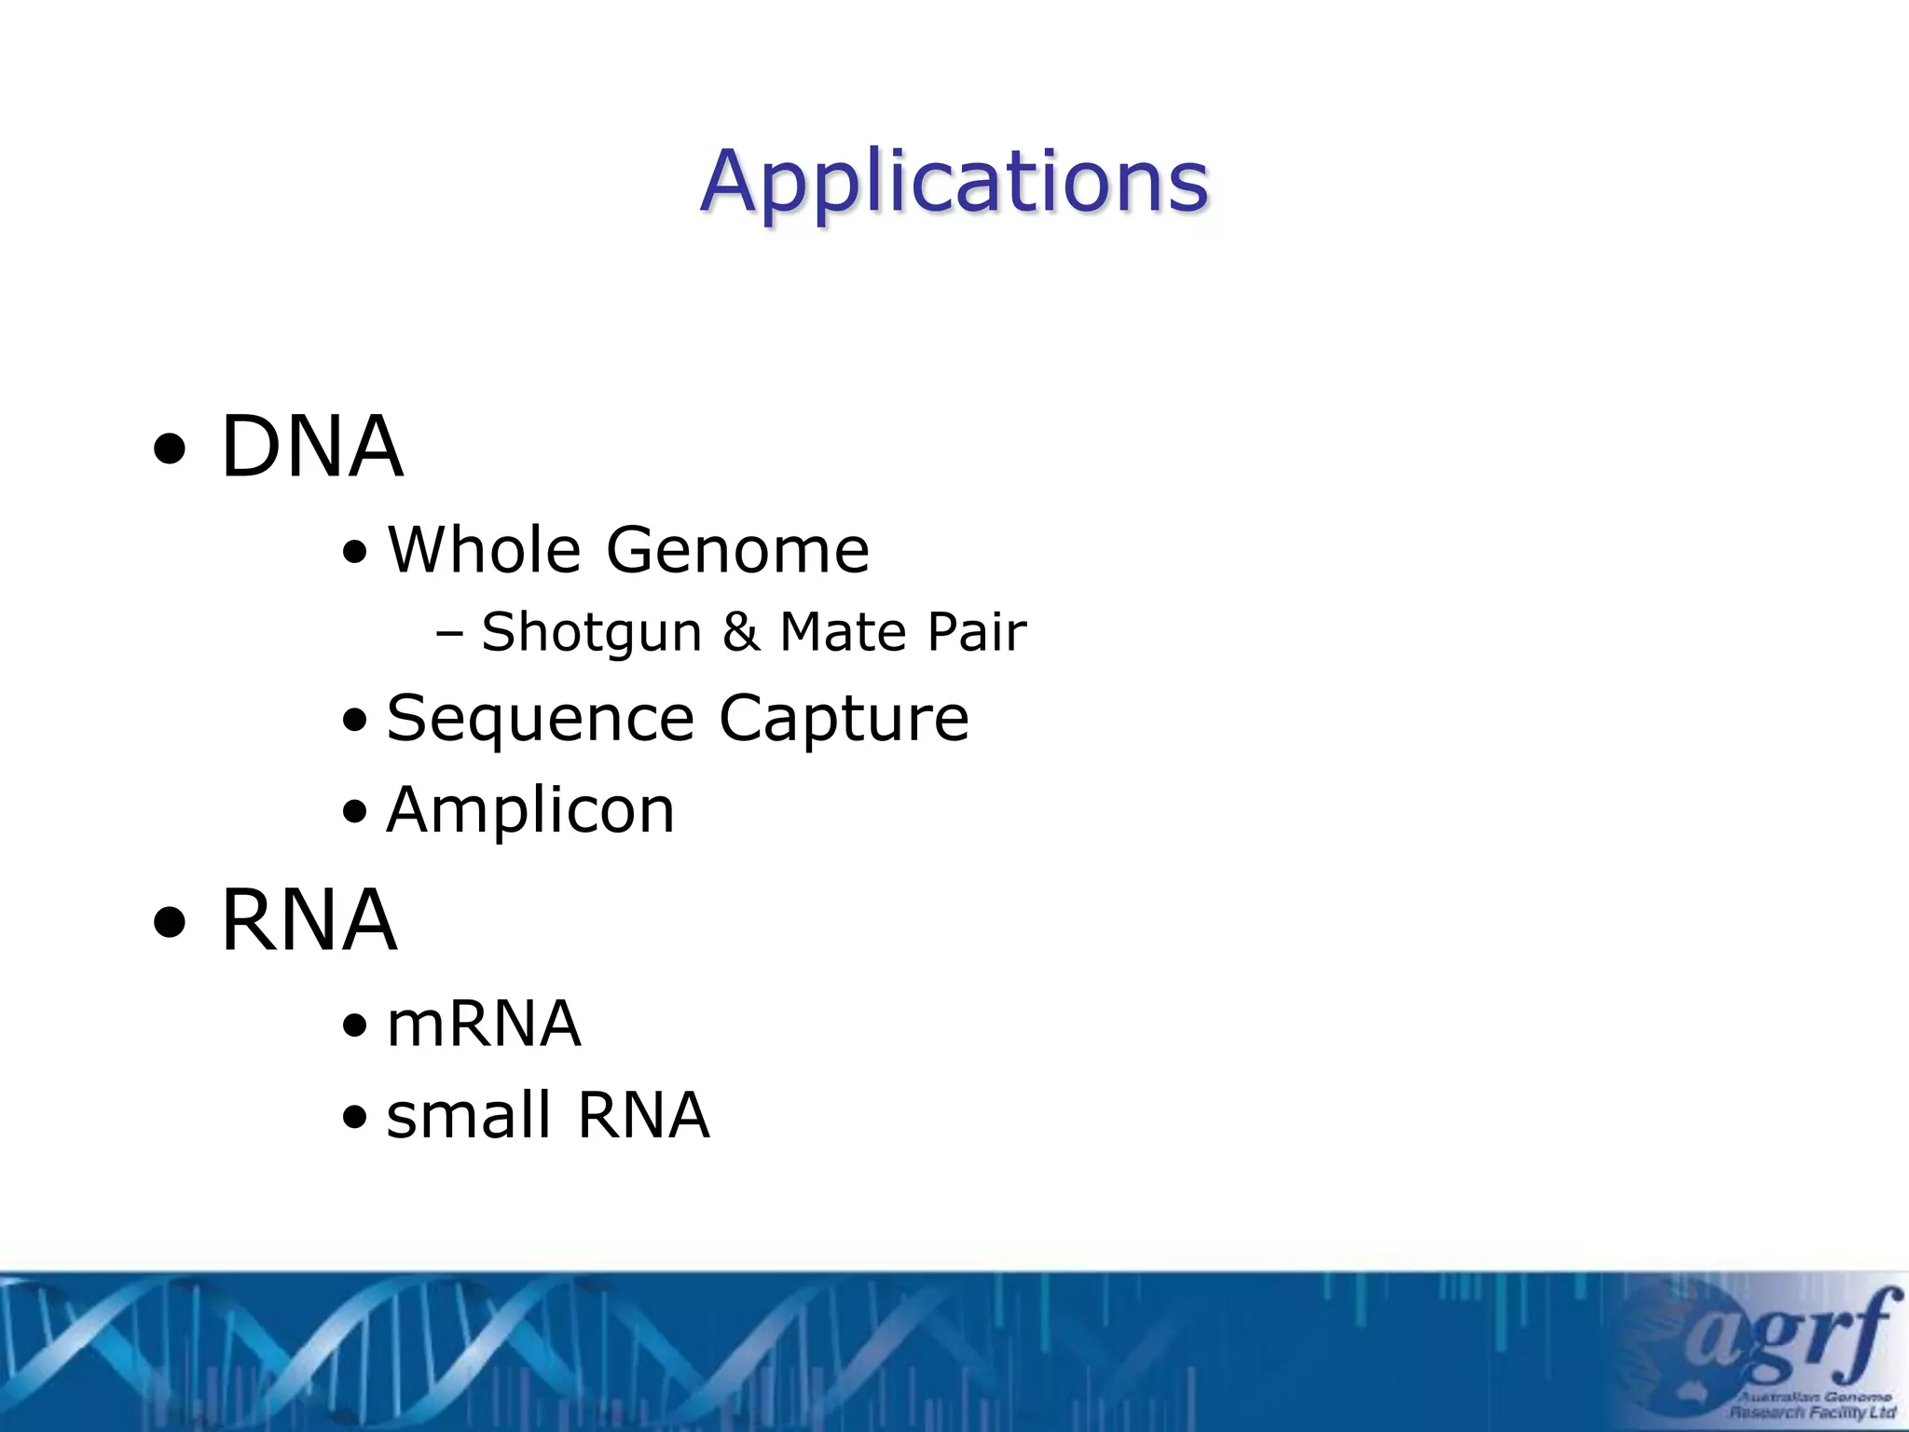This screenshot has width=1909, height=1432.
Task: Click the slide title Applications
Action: pos(954,182)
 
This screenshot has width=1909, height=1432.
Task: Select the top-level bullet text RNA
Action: pos(309,921)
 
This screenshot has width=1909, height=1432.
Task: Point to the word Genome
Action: pos(737,550)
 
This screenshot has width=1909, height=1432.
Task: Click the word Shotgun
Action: pos(591,633)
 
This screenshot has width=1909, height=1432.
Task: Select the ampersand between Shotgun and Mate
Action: pos(741,632)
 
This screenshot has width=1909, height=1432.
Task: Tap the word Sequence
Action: pos(541,720)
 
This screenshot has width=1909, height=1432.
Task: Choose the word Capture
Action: pos(844,720)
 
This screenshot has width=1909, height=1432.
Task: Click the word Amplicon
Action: pos(530,810)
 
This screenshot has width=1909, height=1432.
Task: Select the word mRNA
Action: pos(484,1025)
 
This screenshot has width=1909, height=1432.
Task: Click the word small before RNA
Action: pos(469,1115)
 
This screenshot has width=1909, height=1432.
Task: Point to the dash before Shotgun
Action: pos(449,635)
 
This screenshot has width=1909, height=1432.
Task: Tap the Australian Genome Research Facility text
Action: pos(1813,1404)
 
